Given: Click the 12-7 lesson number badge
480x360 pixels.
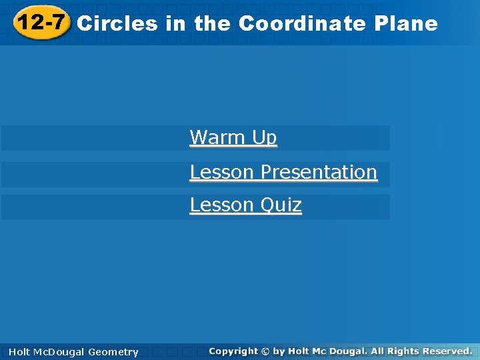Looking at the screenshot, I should click(42, 23).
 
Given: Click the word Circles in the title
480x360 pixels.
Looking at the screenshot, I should click(117, 24).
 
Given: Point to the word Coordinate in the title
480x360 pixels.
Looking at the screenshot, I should click(302, 24).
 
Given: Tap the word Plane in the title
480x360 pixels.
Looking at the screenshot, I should click(406, 24).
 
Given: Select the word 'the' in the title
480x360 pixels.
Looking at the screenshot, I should click(212, 24).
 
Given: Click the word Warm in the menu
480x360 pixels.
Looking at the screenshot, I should click(218, 137).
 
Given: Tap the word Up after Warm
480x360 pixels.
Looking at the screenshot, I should click(264, 138).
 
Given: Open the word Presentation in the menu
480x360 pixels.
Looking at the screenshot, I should click(319, 172).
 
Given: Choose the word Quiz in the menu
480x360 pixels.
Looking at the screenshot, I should click(281, 205).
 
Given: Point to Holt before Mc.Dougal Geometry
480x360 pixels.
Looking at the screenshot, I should click(20, 352).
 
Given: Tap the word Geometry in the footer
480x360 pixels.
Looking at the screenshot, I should click(113, 352).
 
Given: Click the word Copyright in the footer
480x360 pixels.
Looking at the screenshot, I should click(233, 351).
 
